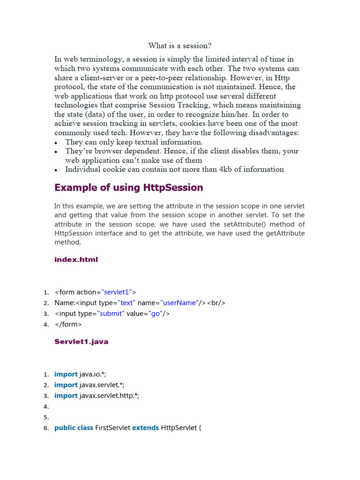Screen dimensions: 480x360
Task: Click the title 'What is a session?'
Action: click(x=180, y=45)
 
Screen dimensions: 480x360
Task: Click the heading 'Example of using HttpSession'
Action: click(x=129, y=187)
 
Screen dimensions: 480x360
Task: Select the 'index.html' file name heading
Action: click(x=76, y=260)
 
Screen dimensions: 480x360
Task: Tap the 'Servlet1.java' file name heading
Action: click(x=82, y=342)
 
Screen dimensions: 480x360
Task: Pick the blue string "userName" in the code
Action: click(x=178, y=303)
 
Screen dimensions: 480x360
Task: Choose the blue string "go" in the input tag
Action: click(x=155, y=314)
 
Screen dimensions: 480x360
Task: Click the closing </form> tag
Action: click(x=68, y=324)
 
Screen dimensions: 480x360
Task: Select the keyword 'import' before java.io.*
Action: click(x=66, y=374)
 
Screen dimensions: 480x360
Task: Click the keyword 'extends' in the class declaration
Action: click(x=145, y=428)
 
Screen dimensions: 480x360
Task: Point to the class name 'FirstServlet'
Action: click(x=112, y=428)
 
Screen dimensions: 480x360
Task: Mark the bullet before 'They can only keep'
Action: click(x=57, y=142)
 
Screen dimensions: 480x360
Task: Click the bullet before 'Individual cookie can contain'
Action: click(x=57, y=170)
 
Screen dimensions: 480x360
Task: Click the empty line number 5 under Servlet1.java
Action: click(x=46, y=417)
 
